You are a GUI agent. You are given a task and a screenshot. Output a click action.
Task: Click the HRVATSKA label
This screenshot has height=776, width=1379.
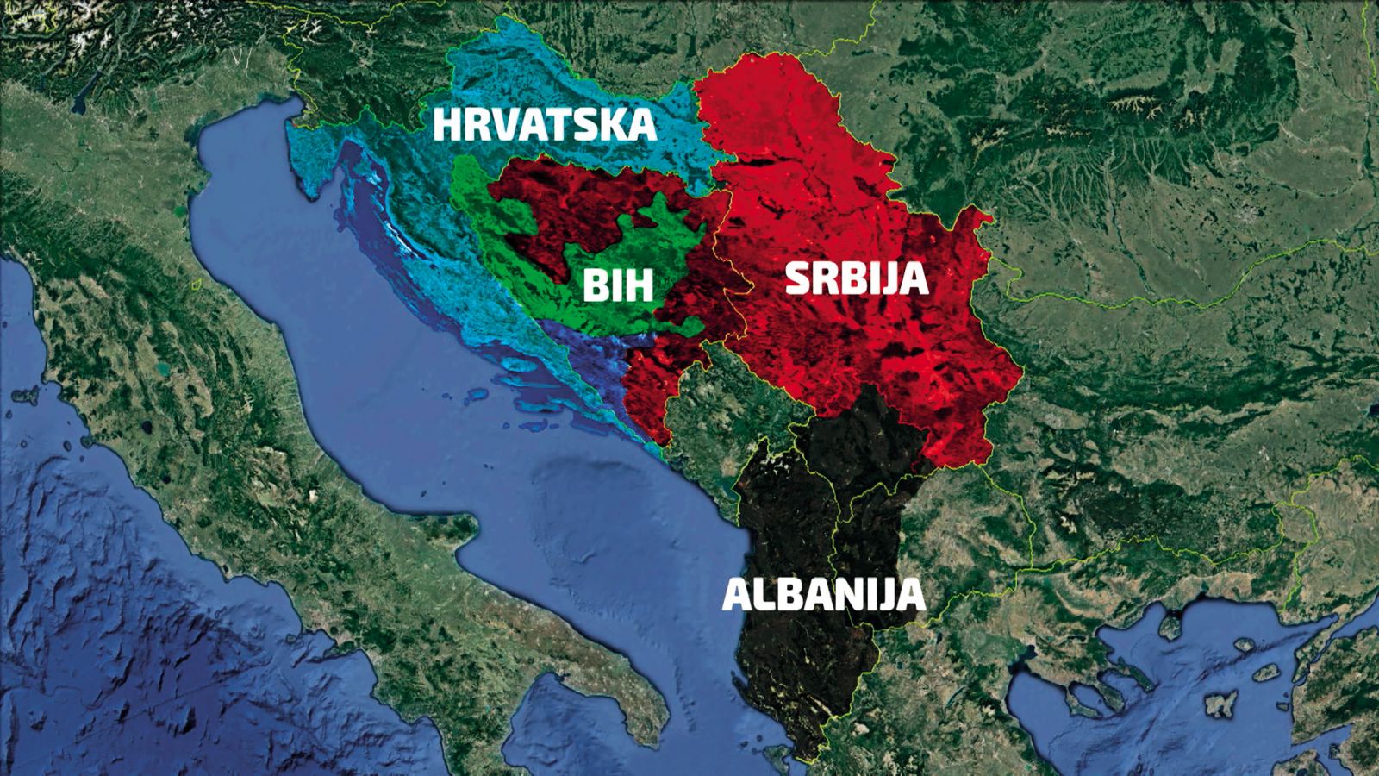coord(544,125)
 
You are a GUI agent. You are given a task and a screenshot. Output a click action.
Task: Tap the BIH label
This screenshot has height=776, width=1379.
coord(617,285)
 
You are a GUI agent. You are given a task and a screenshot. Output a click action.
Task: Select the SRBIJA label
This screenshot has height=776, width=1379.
coord(856,279)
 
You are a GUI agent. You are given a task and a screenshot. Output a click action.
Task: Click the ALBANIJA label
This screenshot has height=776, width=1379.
coord(823,595)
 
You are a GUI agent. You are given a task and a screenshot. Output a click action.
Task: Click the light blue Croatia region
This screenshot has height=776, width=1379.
coord(517,78)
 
